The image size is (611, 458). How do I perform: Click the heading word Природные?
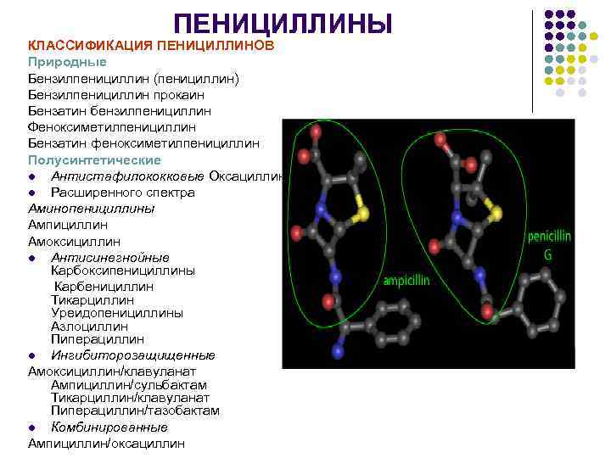67,62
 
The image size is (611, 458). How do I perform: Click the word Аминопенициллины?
91,209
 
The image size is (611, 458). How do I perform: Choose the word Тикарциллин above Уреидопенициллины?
92,299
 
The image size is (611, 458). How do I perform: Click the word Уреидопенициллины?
116,312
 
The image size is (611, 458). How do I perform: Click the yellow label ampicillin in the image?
407,281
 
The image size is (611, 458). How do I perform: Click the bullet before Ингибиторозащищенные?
31,355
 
